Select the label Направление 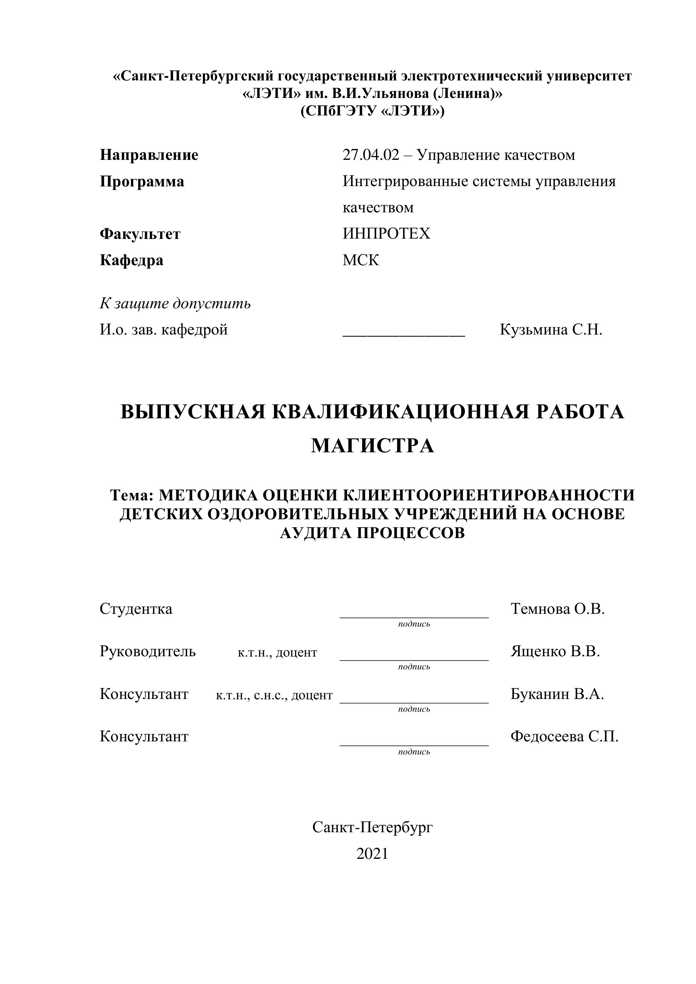149,155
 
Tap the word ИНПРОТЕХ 386,234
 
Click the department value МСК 361,260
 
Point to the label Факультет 140,234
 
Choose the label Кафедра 132,260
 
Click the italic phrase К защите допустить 175,304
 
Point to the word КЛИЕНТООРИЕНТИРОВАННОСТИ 489,495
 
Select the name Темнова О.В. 558,608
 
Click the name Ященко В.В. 555,652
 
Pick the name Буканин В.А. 557,694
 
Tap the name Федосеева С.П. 564,736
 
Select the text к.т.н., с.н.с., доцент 274,695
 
